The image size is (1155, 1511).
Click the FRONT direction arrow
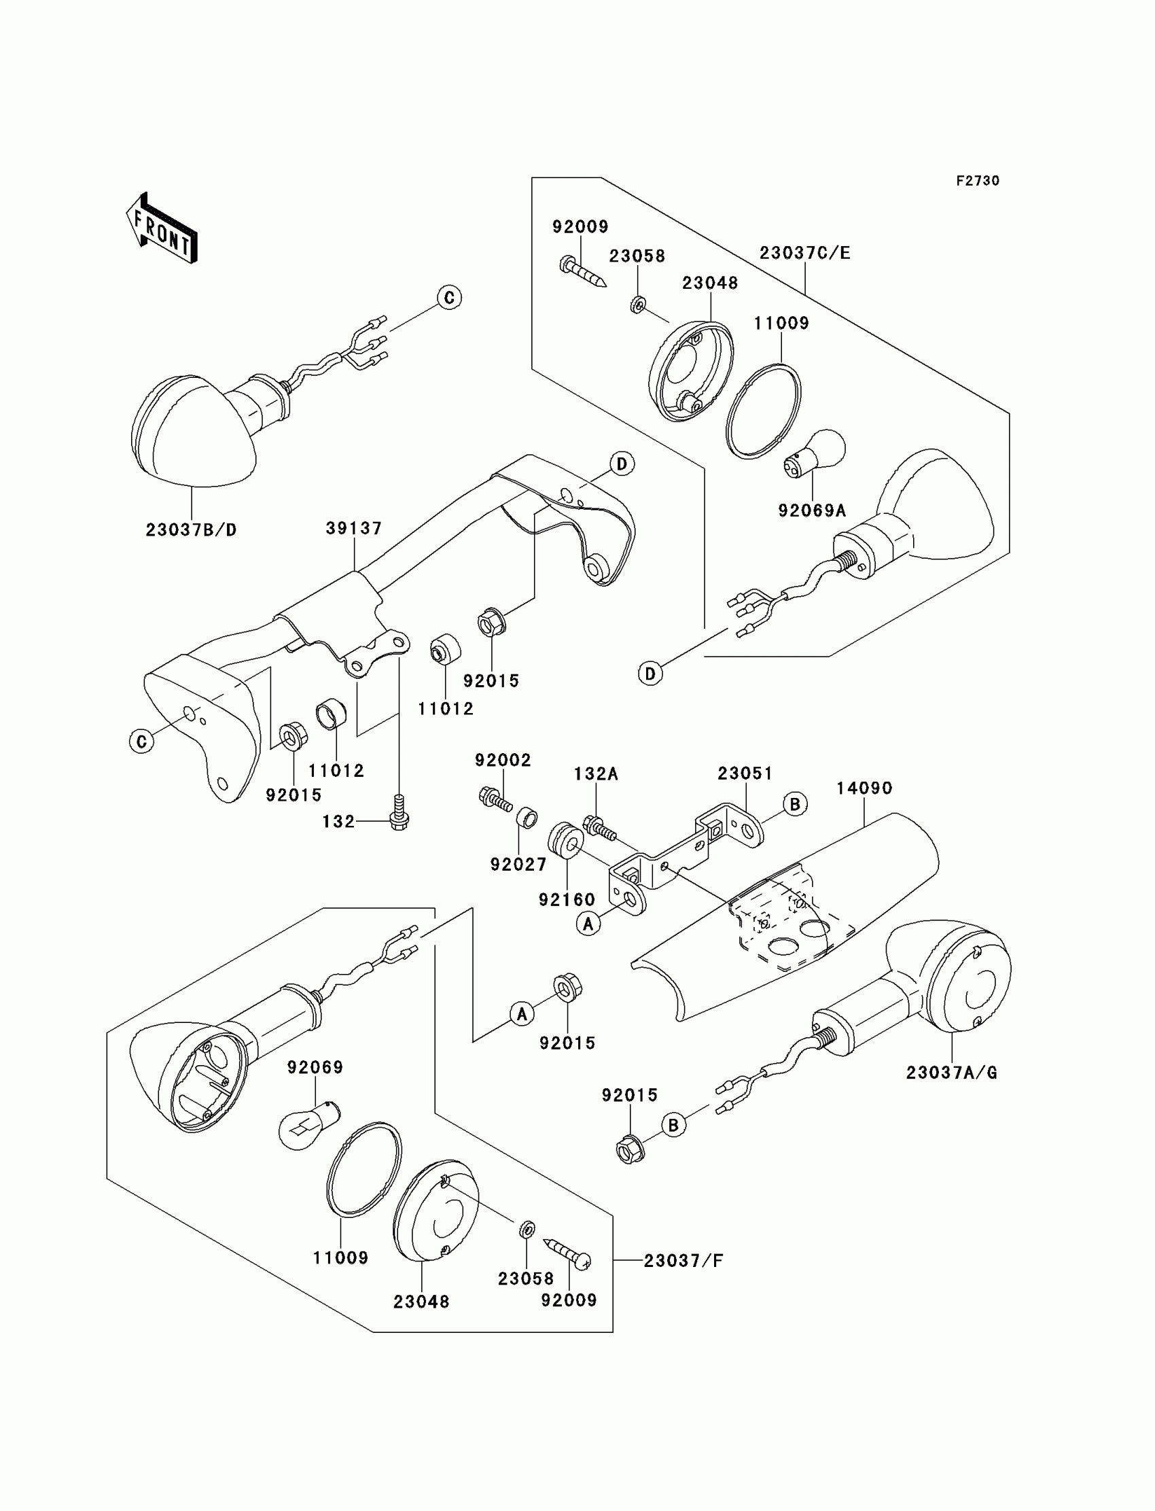162,229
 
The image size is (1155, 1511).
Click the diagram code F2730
978,181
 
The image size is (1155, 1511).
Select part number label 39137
353,528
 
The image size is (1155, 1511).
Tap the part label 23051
745,773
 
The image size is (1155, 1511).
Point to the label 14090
864,788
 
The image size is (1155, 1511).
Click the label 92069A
812,511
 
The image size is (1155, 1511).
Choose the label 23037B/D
191,530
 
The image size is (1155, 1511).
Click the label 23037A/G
951,1072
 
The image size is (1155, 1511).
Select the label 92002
503,760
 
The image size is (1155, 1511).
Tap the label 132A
596,774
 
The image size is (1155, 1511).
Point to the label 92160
567,899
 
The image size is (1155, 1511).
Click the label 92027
518,865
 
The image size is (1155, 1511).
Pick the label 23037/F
683,1261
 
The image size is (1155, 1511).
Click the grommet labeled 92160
566,839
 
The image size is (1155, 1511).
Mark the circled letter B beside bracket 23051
795,804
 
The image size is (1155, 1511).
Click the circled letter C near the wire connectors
449,298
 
